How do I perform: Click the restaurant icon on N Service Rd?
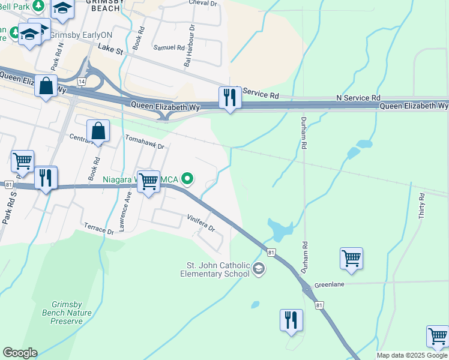point(229,98)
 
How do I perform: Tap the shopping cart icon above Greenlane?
point(351,259)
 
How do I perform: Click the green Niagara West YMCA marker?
point(188,178)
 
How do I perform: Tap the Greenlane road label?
point(330,284)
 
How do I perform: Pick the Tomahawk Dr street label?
point(144,142)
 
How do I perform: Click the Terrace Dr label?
point(99,230)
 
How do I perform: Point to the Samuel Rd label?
point(169,47)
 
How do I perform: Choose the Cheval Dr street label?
point(202,4)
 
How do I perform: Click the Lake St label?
point(110,50)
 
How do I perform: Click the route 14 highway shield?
point(82,80)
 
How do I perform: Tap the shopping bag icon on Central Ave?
point(98,132)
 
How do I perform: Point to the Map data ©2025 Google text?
point(412,355)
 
